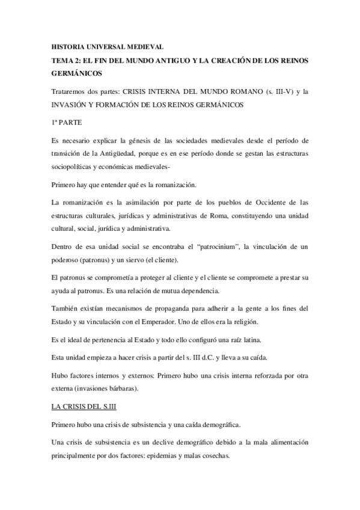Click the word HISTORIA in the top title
click(68, 46)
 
